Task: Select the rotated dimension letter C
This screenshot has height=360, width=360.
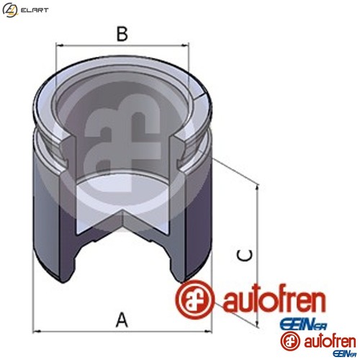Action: click(x=246, y=256)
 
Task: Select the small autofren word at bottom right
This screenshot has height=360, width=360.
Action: click(x=323, y=339)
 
